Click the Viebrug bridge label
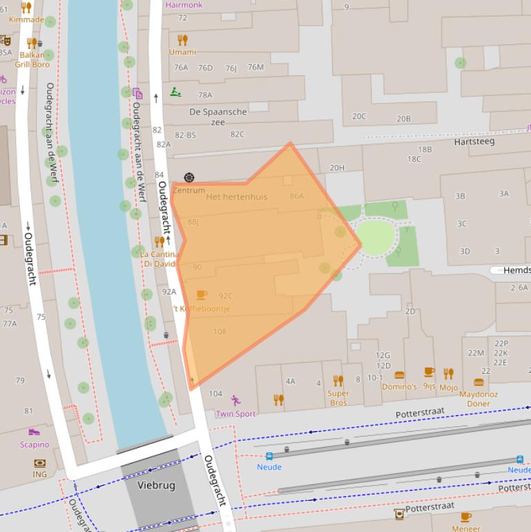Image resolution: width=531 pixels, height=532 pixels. point(156,485)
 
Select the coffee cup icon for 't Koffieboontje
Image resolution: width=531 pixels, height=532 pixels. point(202,296)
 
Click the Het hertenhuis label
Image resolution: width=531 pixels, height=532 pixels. point(236,197)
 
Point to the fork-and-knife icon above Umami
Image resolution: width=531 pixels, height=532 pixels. point(182,40)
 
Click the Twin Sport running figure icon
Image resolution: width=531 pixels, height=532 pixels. point(235,400)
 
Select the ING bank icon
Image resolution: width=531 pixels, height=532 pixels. point(39,463)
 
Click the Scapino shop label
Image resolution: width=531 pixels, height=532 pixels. point(35,445)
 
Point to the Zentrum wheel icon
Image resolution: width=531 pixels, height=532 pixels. point(189,178)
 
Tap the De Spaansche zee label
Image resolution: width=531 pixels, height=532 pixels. point(218,117)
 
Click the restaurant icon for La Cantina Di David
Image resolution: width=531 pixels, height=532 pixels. point(160,241)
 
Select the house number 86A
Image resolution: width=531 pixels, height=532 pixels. point(297,196)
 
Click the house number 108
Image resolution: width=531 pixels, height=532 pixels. point(220,332)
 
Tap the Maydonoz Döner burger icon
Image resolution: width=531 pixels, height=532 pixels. point(479,383)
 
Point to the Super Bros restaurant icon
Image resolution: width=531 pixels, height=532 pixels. point(338,381)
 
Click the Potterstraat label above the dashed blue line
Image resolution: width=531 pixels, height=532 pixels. point(421,413)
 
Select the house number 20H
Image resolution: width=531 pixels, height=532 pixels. point(337,168)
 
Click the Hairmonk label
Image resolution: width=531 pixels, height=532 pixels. point(184,5)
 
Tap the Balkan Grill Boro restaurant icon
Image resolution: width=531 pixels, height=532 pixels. point(31,43)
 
